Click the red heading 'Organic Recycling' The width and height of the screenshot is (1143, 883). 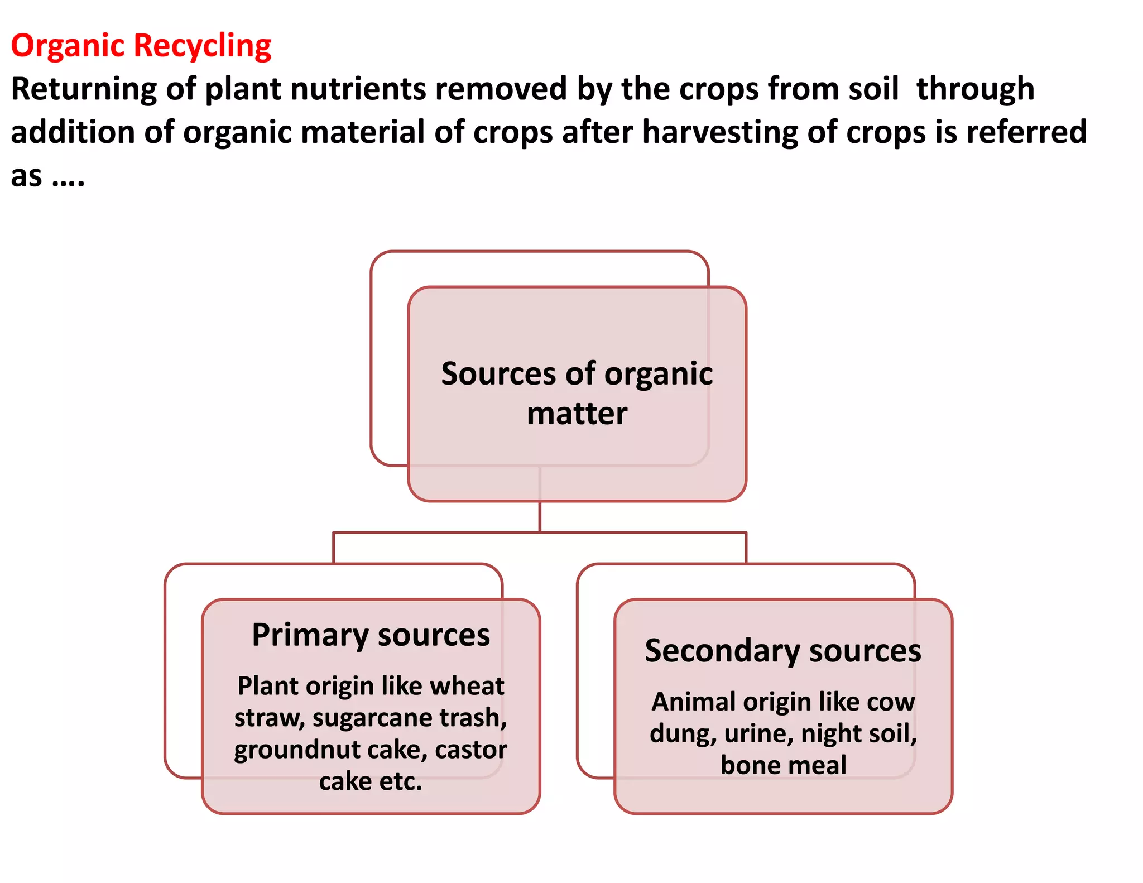[141, 46]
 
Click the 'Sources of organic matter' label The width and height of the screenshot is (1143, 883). [577, 393]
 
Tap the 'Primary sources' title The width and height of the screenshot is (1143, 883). [371, 635]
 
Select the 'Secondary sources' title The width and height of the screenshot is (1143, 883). [782, 651]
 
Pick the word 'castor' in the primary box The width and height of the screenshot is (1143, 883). [471, 750]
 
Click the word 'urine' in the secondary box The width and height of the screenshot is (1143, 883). [758, 733]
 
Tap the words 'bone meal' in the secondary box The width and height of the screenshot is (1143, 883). [783, 765]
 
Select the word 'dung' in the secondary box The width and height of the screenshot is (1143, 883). [683, 733]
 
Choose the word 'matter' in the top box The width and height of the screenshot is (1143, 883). [577, 414]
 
